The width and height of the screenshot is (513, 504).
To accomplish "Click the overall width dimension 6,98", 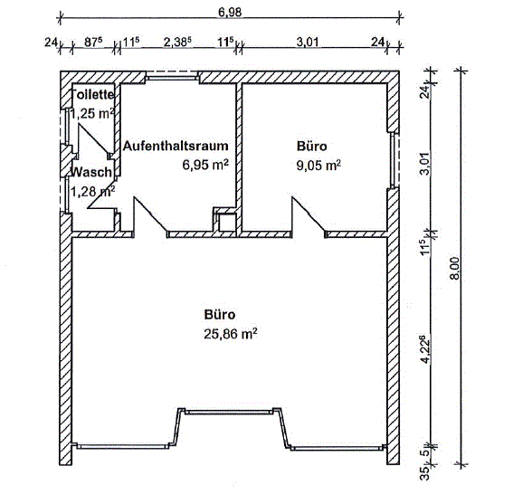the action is point(230,12).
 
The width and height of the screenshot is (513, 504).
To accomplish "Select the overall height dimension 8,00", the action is point(455,269).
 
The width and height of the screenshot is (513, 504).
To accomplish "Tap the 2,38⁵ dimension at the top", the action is point(177,42).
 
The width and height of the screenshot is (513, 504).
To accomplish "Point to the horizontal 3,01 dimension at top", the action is point(308,43).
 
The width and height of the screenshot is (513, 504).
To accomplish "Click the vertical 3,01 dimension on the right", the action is point(425,164).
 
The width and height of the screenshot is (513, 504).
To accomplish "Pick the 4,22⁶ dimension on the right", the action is point(424,349).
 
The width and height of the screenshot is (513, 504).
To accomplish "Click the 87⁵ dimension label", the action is point(93,42).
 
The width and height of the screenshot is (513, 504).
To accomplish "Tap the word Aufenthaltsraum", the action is point(176,146).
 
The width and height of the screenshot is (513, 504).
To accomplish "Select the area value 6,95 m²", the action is point(205,165).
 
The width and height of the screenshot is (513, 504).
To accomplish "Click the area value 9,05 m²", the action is point(318,166).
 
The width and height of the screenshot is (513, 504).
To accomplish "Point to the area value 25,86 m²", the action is point(231,334).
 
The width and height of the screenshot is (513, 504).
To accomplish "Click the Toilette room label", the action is point(92,95).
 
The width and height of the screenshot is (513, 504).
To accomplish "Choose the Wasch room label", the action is point(91,172).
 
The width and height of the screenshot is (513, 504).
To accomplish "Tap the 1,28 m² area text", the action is point(92,192).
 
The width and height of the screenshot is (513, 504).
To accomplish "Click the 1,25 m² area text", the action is point(92,114).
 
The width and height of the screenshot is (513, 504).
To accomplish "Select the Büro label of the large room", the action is point(220,315).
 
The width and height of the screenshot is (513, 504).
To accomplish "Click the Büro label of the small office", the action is point(312,146).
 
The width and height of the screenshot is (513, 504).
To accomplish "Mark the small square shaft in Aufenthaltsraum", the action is point(227,223).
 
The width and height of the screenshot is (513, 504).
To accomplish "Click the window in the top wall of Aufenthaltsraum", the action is point(173,77).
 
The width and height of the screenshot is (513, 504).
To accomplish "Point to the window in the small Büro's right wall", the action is point(394,160).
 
